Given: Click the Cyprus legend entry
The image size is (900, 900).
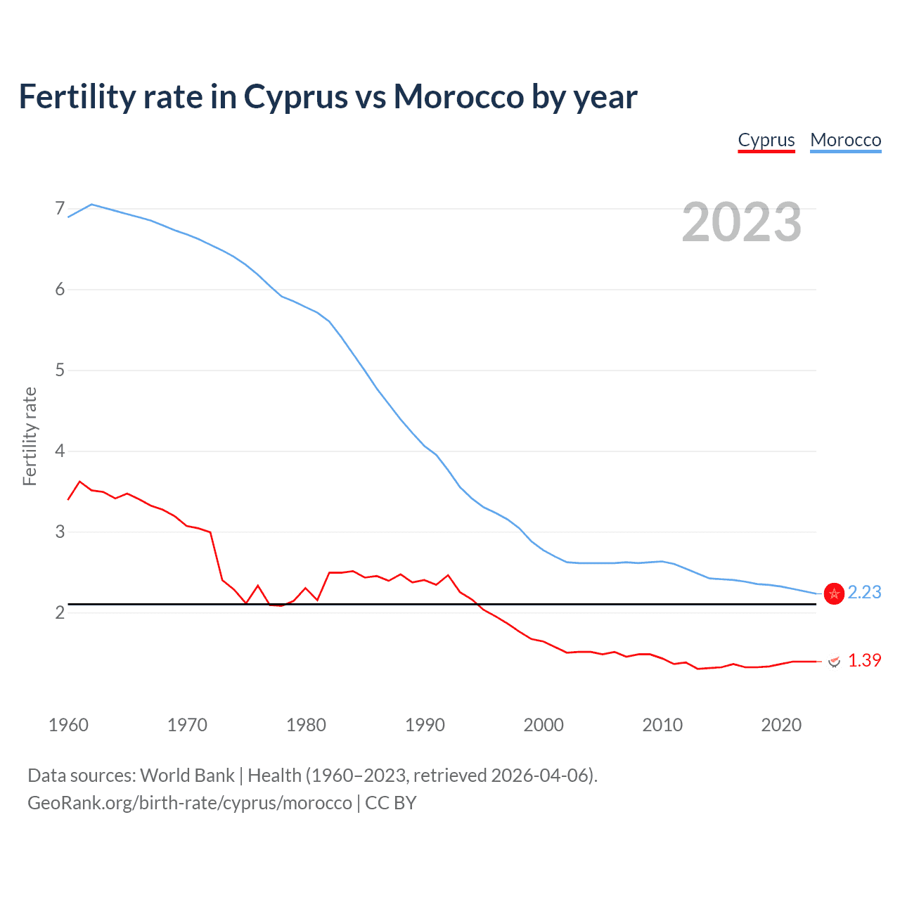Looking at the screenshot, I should pos(766,140).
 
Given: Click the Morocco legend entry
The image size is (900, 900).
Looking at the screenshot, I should pos(845,140).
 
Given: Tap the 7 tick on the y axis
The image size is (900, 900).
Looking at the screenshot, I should pos(60,209).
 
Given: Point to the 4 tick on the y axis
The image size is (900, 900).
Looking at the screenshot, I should pos(60,451).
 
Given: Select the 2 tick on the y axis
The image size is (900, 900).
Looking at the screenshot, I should pos(60,612).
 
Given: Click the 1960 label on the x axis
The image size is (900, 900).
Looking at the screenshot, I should pos(68,725).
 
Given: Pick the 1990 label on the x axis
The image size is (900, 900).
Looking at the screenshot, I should pos(425,725).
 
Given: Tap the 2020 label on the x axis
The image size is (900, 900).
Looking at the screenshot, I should pos(781,725).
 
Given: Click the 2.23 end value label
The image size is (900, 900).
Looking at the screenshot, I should pos(864,593).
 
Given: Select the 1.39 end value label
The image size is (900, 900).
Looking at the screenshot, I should pos(864,660).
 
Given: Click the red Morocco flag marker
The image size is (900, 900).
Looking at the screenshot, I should pos(834,594).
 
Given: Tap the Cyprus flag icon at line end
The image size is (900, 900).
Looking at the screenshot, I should pos(835,661).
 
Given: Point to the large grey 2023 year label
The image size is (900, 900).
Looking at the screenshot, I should pos(741,222).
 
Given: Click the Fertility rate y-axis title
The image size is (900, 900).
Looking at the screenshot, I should pos(30,436).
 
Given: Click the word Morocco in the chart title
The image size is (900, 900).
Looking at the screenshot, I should pos(458,96).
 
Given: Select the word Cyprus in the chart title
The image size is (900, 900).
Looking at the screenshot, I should pos(295,96).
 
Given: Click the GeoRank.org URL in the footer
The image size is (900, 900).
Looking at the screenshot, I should pos(190,803).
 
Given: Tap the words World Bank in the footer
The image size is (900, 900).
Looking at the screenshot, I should pos(187,776).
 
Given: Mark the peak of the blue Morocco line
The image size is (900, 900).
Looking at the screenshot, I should pos(92,204).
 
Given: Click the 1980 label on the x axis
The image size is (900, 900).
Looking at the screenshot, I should pos(306,725).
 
